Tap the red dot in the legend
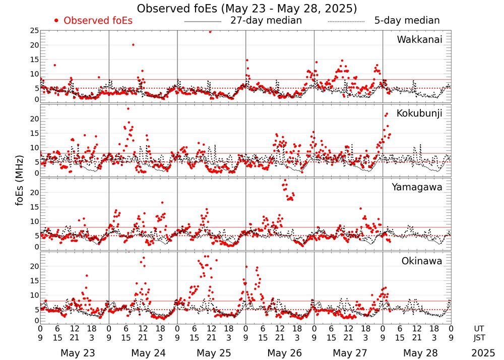coord(57,21)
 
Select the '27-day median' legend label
coord(266,21)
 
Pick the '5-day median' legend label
coord(407,21)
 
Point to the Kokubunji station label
coord(419,113)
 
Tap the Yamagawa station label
coord(417,187)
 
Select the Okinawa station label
coord(422,261)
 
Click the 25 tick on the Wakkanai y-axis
coord(34,31)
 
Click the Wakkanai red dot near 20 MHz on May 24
coord(133,44)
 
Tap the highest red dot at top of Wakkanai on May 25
coord(210,31)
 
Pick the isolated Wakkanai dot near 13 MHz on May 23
coord(54,65)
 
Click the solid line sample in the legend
coord(203,22)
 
